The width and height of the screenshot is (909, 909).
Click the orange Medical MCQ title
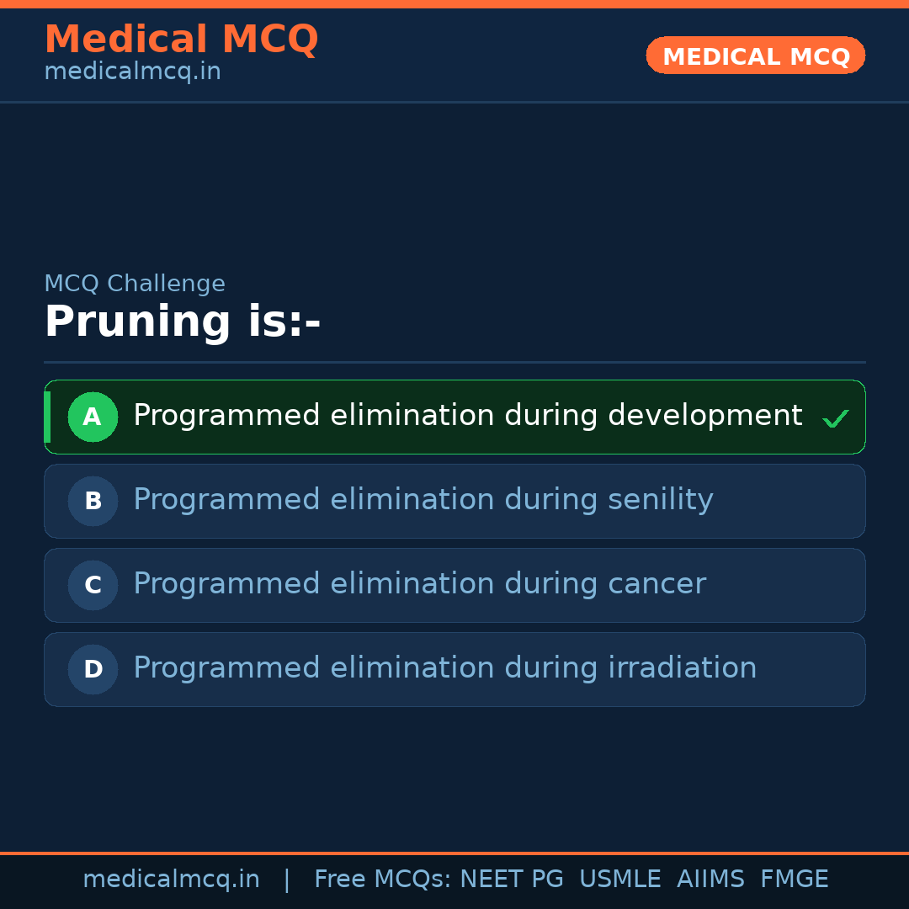coord(181,40)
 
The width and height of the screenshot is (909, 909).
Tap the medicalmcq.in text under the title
coord(132,72)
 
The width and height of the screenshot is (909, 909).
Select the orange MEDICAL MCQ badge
coord(755,56)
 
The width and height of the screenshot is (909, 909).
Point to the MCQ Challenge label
coord(135,284)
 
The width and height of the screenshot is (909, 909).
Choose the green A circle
coord(93,417)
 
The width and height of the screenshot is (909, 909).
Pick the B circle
coord(93,501)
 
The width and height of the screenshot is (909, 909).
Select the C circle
coord(93,585)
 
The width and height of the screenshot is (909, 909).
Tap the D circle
coord(93,669)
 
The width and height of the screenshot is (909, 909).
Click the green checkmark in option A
coord(835,418)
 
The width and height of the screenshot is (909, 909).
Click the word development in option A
coord(704,416)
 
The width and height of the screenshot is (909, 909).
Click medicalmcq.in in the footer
coord(171,880)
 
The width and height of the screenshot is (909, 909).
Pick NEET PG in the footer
coord(512,880)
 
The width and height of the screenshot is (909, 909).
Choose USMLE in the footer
coord(619,880)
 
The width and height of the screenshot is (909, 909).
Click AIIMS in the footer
coord(710,880)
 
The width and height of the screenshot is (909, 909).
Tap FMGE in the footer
coord(794,880)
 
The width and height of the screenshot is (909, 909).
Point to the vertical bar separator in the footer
coord(287,880)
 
